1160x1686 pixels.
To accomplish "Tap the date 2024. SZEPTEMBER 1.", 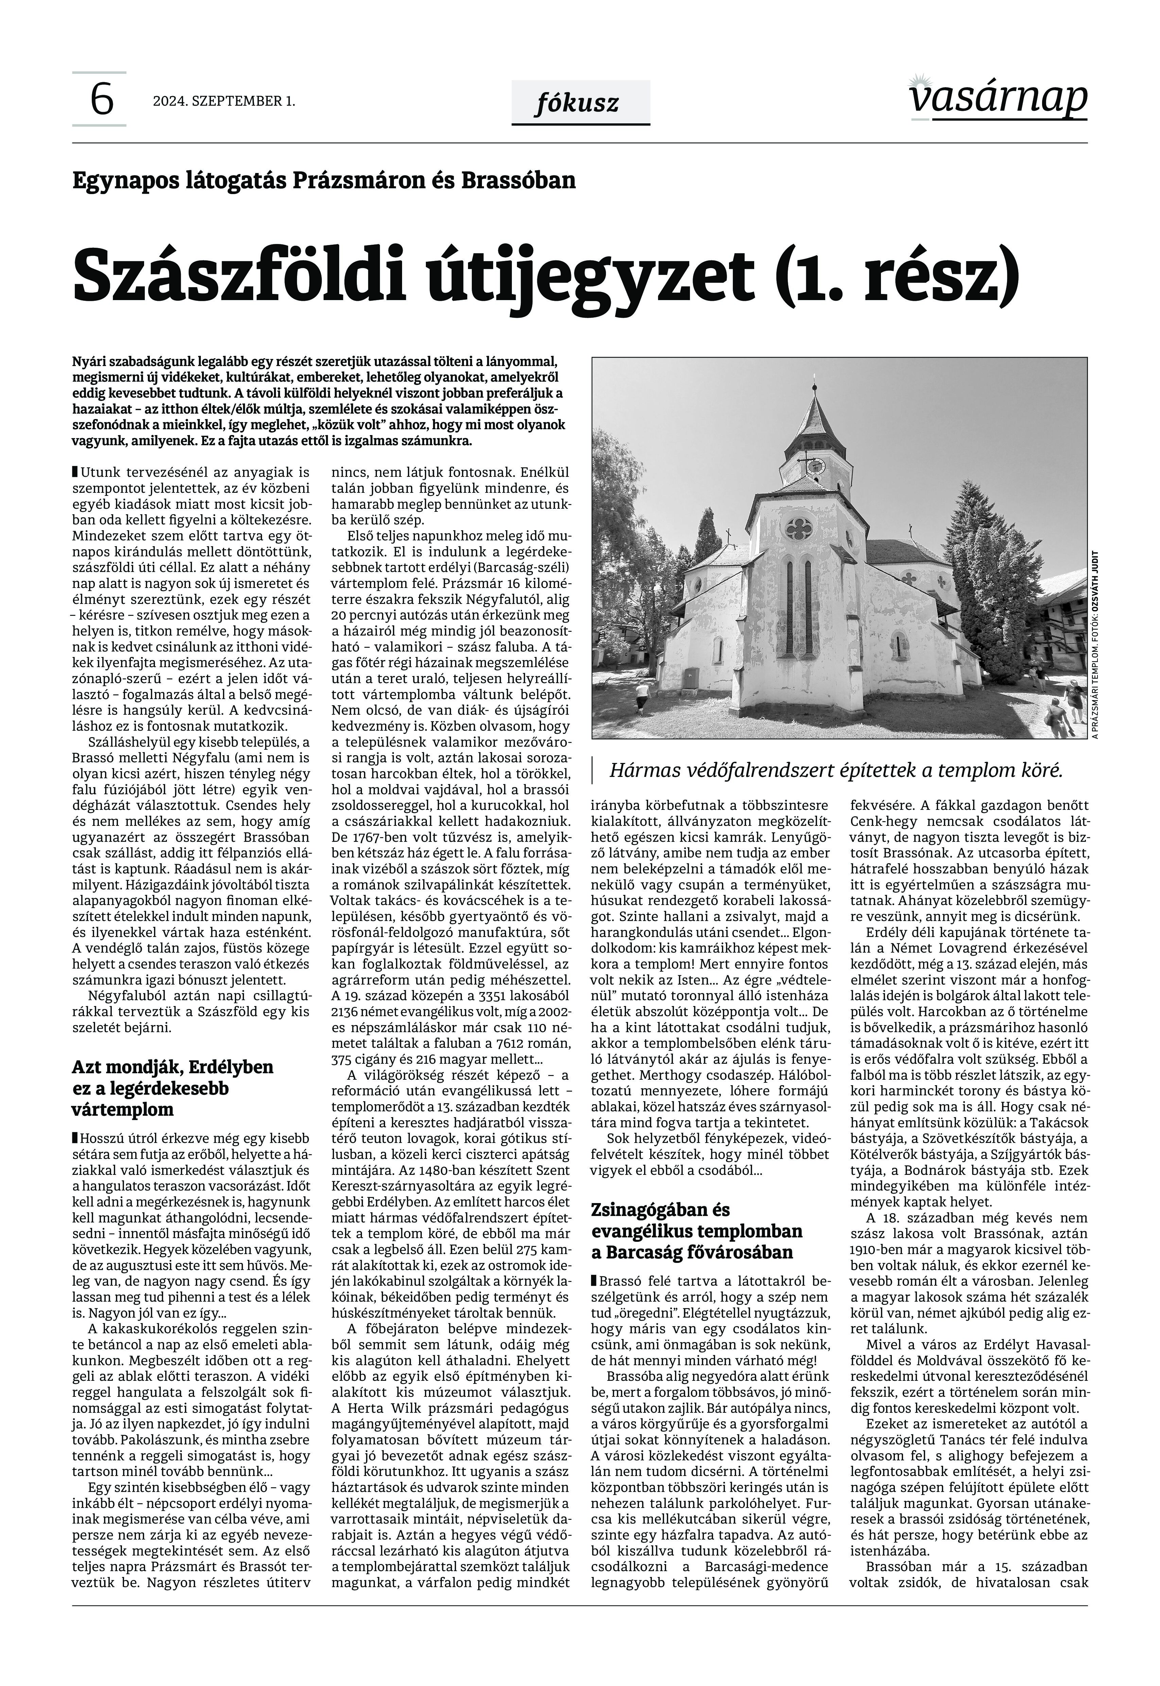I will [224, 101].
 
